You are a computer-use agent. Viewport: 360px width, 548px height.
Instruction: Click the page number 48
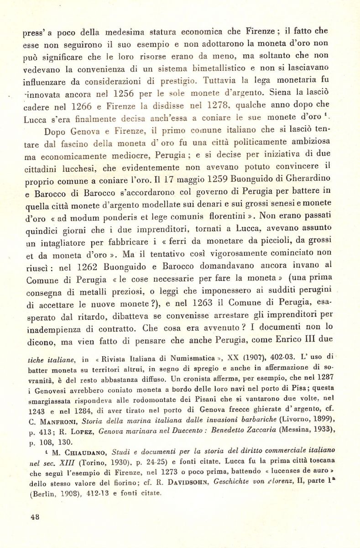point(34,516)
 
